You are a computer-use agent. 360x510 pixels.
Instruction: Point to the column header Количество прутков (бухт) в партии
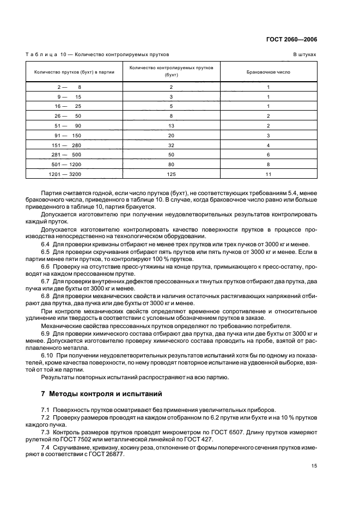click(x=74, y=71)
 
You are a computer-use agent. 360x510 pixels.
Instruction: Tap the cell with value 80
click(x=171, y=164)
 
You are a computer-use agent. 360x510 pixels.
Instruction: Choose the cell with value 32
click(x=171, y=145)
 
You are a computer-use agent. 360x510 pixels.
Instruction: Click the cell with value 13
click(x=171, y=125)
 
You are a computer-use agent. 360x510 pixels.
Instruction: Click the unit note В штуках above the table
click(x=305, y=55)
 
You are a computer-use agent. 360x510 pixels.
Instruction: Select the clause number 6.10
click(x=47, y=355)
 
